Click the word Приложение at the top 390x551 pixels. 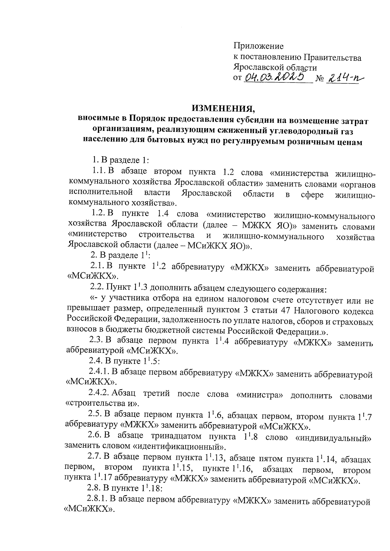click(259, 46)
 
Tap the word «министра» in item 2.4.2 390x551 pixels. click(260, 395)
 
